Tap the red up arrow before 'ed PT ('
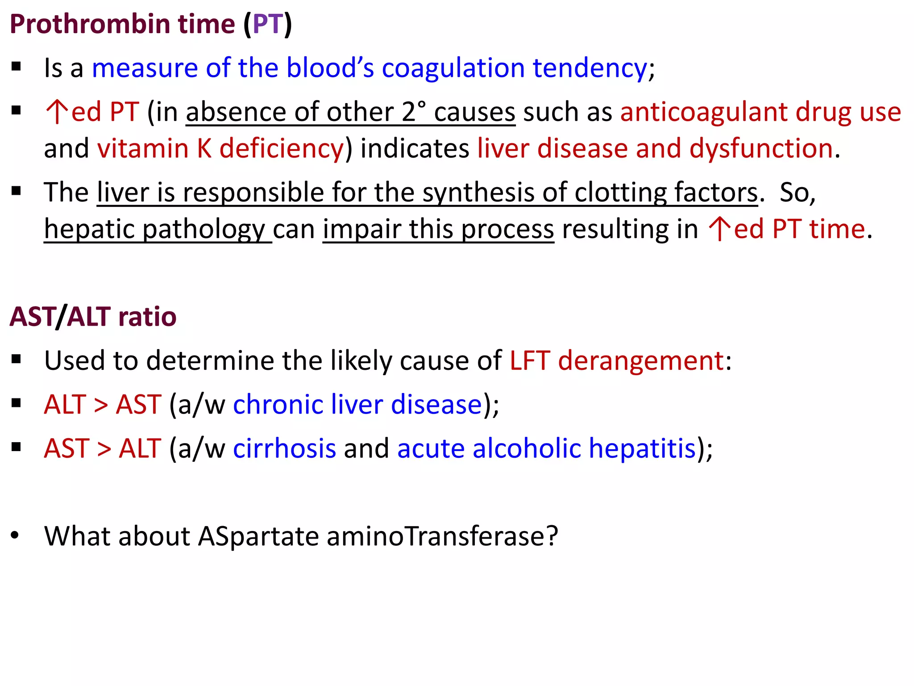tap(57, 112)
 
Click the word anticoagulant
tap(704, 112)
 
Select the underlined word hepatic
tap(89, 229)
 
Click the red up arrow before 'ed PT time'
tap(719, 229)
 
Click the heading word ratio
tap(147, 317)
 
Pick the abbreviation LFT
tap(529, 360)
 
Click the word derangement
tap(641, 360)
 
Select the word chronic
tap(278, 405)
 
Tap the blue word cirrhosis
tap(284, 448)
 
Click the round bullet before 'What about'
tap(16, 535)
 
